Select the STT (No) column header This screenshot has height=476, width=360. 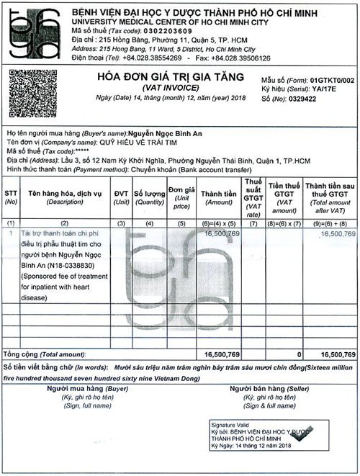[12, 197]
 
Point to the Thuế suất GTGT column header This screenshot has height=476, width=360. [253, 197]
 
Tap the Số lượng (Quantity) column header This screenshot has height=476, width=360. [149, 197]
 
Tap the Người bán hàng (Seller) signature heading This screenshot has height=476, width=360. [261, 389]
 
